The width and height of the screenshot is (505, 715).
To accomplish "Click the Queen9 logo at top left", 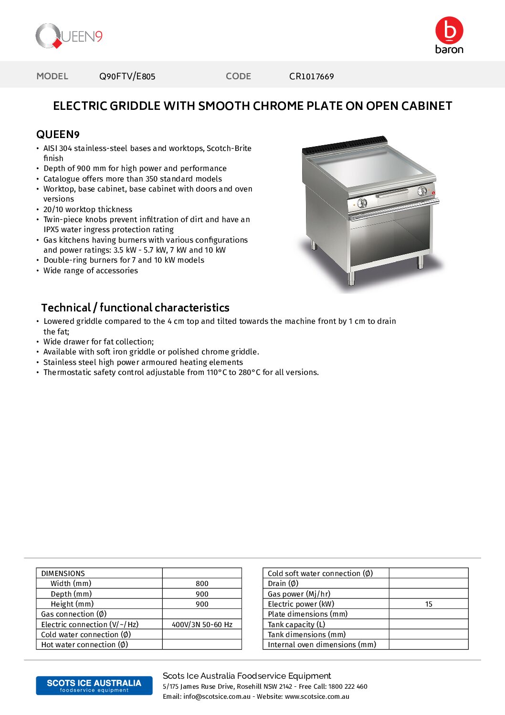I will (69, 36).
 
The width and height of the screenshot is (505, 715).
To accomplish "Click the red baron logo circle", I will (449, 31).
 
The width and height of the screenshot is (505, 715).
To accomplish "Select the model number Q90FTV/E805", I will (127, 76).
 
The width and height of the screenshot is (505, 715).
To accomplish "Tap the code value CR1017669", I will (311, 76).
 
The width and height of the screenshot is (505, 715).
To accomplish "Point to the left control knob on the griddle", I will (362, 203).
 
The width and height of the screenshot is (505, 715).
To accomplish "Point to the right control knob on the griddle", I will (422, 192).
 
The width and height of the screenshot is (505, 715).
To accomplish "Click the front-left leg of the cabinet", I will (352, 277).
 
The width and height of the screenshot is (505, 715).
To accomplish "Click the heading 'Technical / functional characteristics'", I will (135, 308).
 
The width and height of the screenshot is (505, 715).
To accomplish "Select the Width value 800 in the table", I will (202, 584).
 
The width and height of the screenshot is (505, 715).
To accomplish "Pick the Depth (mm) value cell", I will (202, 594).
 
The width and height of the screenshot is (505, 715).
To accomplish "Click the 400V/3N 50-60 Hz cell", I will (202, 625).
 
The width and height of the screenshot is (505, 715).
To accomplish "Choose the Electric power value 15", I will (429, 604).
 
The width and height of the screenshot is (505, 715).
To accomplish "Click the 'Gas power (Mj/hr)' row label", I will (299, 594).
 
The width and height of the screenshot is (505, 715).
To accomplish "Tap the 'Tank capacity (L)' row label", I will (296, 625).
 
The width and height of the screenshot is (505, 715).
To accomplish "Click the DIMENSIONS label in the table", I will (63, 574).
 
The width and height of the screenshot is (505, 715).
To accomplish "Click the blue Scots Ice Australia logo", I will (94, 685).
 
